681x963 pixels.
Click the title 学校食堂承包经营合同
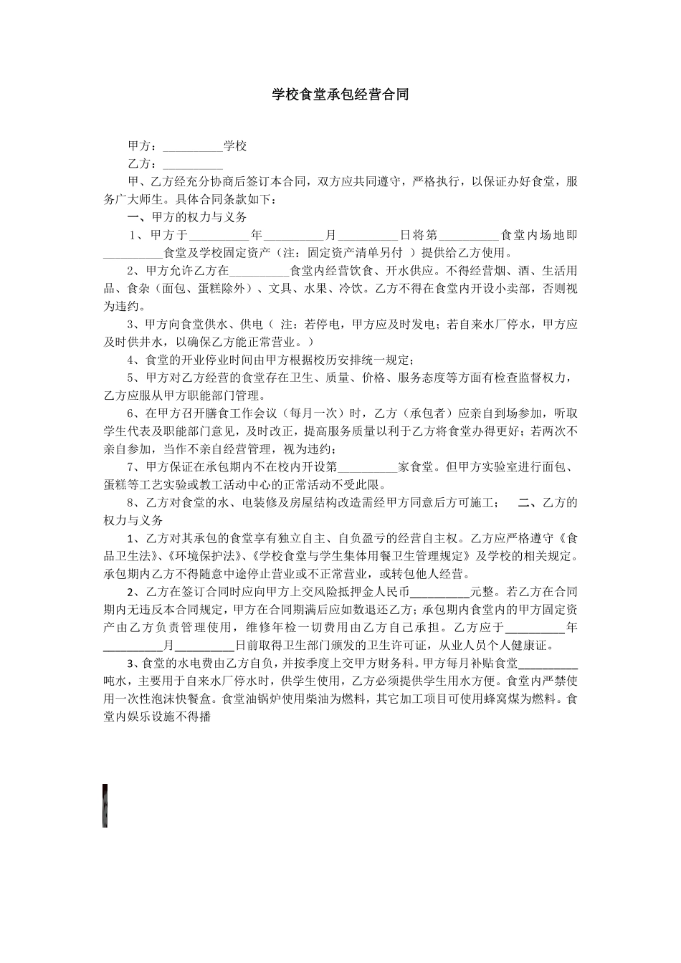pyautogui.click(x=340, y=95)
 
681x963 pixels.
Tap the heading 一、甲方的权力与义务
pyautogui.click(x=186, y=216)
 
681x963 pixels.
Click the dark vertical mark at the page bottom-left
pyautogui.click(x=105, y=805)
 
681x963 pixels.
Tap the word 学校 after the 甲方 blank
pyautogui.click(x=235, y=146)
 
